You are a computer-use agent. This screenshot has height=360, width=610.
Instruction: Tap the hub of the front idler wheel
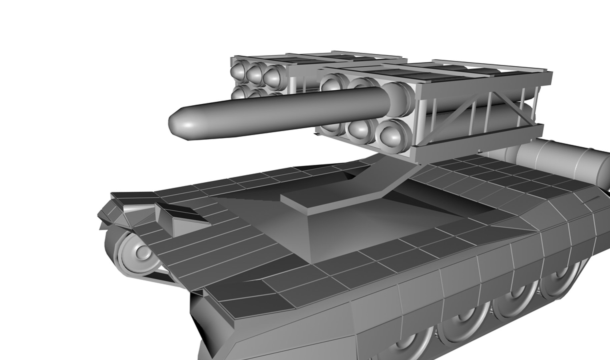142,253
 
